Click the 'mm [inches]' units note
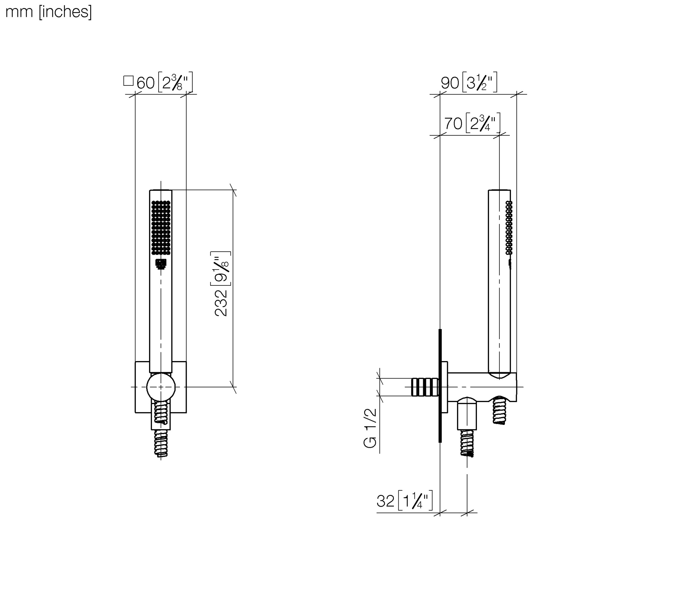coord(49,12)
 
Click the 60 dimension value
coord(145,83)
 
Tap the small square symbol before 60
coord(128,81)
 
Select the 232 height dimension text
coord(221,303)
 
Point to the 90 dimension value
coord(450,83)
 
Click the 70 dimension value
coord(453,124)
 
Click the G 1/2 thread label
coord(370,428)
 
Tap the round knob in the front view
coord(161,387)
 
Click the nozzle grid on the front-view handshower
coord(161,228)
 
